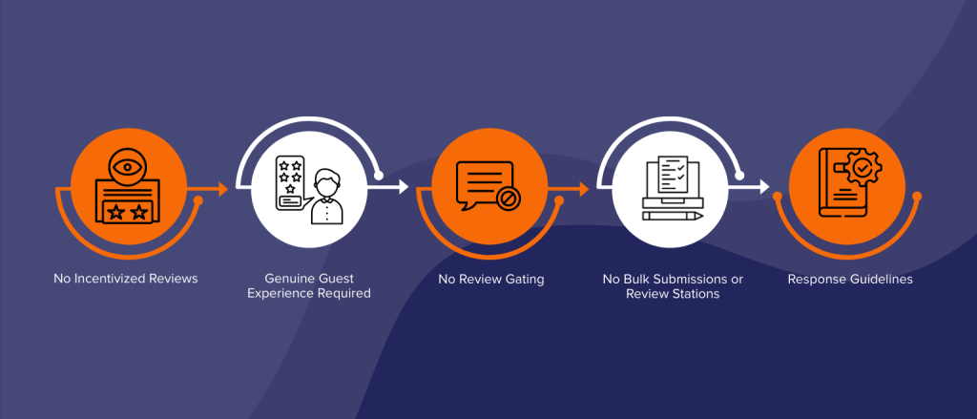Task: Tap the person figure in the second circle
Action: coord(326,197)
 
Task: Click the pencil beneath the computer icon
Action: coord(673,216)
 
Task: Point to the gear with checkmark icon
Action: coord(863,167)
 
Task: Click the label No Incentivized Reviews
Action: coord(126,279)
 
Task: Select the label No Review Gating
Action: coord(491,279)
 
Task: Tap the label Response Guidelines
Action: coord(850,279)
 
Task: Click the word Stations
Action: coord(696,293)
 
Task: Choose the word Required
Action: coord(346,293)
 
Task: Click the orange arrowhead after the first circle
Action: coord(222,188)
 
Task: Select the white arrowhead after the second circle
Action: coord(403,186)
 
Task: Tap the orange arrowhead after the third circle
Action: coord(583,188)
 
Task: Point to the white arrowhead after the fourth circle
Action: coord(763,186)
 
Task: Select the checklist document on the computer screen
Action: coord(673,176)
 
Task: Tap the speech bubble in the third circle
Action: coord(486,185)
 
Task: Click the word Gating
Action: coord(526,280)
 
